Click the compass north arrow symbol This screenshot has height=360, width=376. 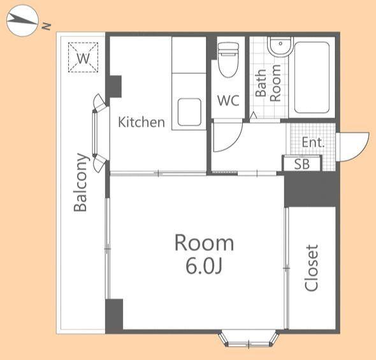[22, 20]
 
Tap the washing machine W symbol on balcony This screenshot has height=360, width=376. [83, 57]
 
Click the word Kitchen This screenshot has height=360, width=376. [141, 122]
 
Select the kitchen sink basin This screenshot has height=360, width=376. [189, 112]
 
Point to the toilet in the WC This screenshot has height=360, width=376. [229, 60]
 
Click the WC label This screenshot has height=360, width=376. [228, 101]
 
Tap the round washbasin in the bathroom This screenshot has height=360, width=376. [280, 47]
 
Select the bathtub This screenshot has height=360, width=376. [312, 78]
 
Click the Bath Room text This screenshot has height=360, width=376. [268, 83]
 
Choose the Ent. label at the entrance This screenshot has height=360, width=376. [313, 142]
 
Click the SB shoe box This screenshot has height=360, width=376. [302, 164]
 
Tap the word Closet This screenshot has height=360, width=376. [311, 268]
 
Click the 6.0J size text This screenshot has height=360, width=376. [204, 266]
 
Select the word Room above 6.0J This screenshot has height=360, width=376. [204, 243]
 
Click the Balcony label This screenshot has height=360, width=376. [80, 182]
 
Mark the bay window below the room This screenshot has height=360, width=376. [249, 339]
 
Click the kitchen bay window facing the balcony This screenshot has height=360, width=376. [99, 133]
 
